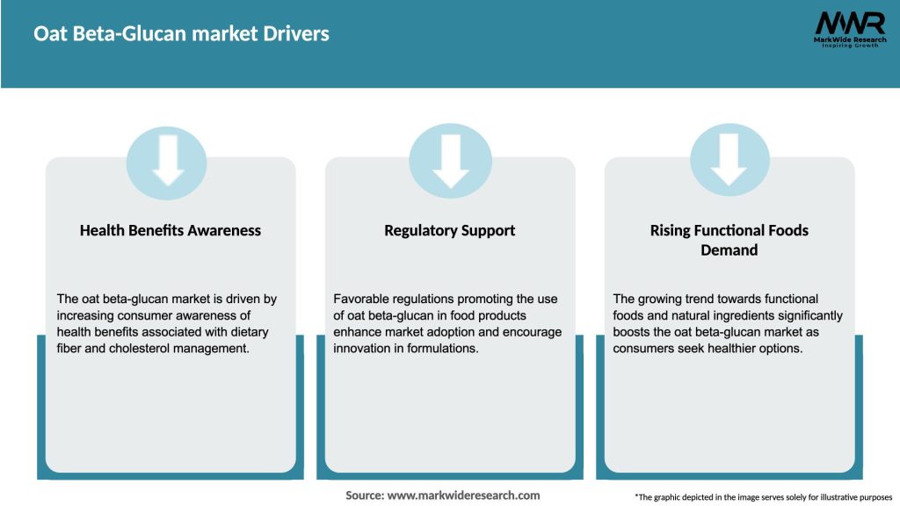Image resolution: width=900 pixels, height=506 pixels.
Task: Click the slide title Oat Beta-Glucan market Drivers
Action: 181,34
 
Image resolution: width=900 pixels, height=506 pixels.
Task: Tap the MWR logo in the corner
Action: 849,24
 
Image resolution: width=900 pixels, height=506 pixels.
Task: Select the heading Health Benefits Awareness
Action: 171,230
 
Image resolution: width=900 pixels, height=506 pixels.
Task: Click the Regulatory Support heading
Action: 450,230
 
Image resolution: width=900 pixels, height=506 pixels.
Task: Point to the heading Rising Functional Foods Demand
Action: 729,240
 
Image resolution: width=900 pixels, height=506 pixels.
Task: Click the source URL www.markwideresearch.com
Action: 463,495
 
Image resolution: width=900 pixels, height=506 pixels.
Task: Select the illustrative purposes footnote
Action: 763,497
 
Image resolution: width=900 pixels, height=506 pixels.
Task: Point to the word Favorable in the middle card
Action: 360,300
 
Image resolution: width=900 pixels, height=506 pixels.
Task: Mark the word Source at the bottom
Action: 364,495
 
